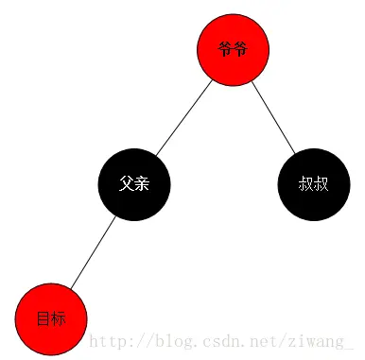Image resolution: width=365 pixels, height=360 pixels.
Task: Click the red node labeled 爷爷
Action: pos(234,49)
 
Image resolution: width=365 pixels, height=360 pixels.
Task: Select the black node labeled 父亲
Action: pos(134,183)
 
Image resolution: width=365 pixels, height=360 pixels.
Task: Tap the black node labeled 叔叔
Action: pos(314,183)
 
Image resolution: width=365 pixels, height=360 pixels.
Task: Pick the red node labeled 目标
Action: pos(51,318)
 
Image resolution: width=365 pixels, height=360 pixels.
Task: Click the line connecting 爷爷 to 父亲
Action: pos(184,116)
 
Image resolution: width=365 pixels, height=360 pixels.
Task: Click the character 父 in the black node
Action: pos(126,183)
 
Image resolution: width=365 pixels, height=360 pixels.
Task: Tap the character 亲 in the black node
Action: pos(142,183)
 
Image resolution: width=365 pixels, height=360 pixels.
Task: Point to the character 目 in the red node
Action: pos(43,319)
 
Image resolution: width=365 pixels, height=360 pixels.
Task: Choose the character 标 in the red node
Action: pos(59,319)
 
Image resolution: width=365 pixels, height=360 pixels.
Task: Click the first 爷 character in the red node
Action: pos(225,49)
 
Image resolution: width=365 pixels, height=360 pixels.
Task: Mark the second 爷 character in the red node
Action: pos(241,49)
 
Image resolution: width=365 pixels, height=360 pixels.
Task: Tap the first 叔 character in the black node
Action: pos(305,183)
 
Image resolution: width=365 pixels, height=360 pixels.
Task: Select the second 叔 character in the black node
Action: pos(322,183)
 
